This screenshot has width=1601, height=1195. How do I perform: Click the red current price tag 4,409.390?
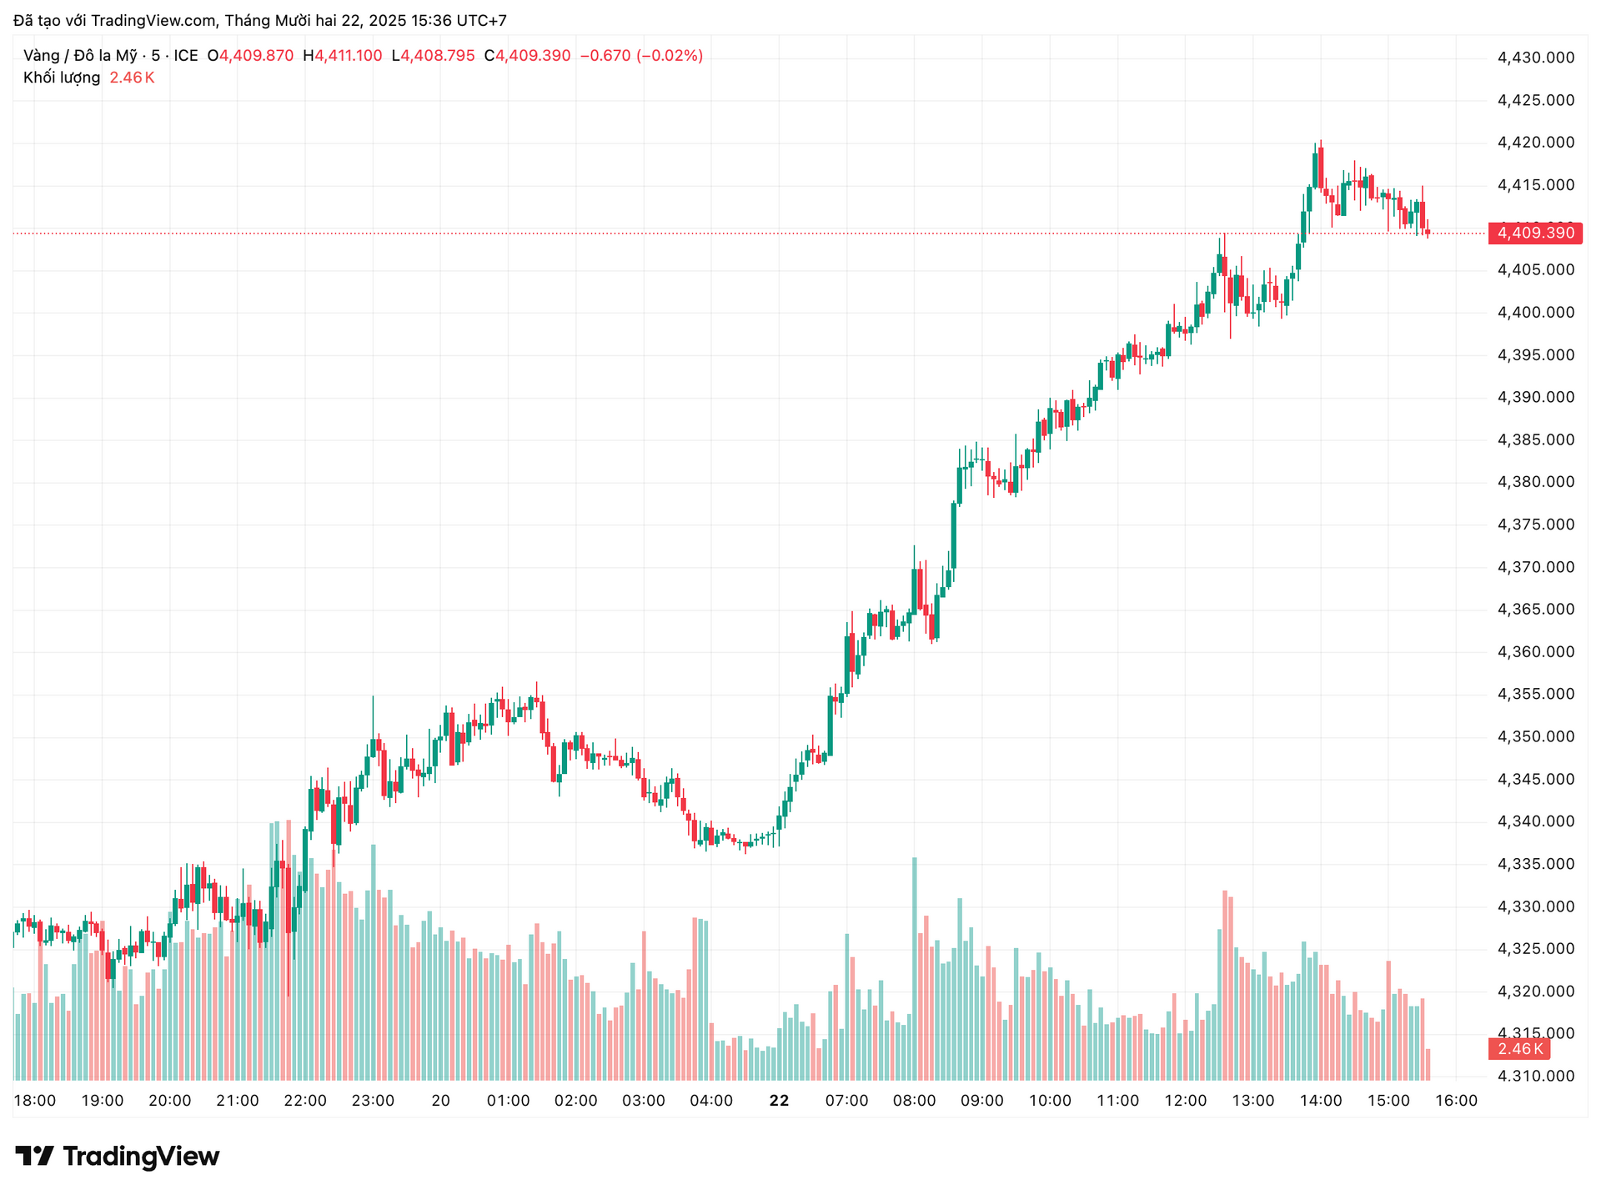[x=1535, y=233]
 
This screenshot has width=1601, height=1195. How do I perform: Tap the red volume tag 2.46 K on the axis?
[x=1519, y=1049]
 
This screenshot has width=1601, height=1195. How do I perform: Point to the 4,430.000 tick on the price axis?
[x=1536, y=58]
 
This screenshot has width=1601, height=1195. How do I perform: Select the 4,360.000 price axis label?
[x=1536, y=651]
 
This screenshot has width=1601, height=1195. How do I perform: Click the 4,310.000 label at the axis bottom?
[x=1536, y=1076]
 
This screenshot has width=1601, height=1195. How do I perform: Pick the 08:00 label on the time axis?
[x=914, y=1101]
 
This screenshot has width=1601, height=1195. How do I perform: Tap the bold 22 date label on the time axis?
[x=779, y=1101]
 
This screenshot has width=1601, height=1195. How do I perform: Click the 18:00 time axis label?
[x=35, y=1101]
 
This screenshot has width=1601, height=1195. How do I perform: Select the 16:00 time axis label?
[x=1456, y=1101]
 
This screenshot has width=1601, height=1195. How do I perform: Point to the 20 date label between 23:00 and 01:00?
[x=441, y=1101]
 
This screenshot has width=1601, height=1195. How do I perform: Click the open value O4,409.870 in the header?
[x=250, y=56]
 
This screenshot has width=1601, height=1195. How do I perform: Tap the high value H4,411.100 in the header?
[x=343, y=56]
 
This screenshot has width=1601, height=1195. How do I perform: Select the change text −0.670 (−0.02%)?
[x=641, y=56]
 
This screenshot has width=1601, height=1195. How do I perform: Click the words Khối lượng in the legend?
[x=62, y=78]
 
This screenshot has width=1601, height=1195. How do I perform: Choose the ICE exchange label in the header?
[x=186, y=56]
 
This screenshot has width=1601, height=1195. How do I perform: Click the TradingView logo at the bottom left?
[x=118, y=1157]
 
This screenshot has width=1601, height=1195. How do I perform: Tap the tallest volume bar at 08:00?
[x=915, y=967]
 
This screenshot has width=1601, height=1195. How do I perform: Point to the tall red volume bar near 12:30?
[x=1225, y=984]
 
